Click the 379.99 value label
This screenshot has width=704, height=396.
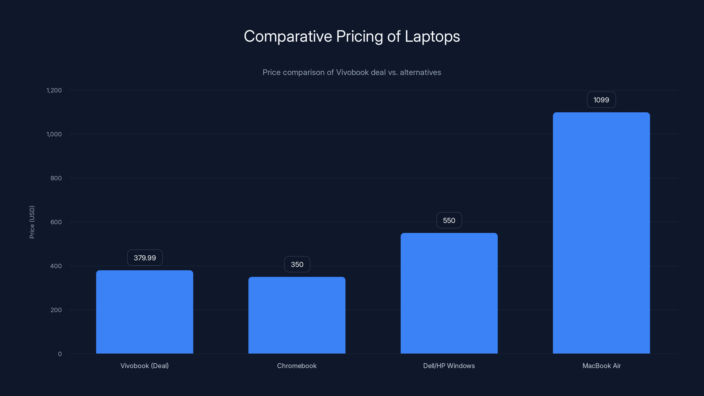tap(145, 258)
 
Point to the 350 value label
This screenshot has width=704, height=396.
tap(297, 264)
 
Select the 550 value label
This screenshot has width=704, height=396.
tap(449, 220)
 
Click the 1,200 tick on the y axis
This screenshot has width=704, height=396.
tap(54, 90)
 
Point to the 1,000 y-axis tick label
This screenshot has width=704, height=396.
tap(54, 134)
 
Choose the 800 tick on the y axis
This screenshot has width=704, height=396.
tap(56, 178)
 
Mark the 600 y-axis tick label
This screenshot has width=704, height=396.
tap(56, 222)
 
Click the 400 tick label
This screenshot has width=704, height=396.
tap(56, 266)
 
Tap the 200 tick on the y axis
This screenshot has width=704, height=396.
tap(56, 310)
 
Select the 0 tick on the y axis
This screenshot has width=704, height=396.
tap(60, 354)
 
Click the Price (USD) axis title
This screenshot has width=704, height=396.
tap(32, 222)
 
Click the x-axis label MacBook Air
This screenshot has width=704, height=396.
tap(601, 366)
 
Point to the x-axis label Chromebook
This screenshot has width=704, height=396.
tap(297, 366)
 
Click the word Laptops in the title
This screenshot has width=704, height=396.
tap(432, 36)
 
